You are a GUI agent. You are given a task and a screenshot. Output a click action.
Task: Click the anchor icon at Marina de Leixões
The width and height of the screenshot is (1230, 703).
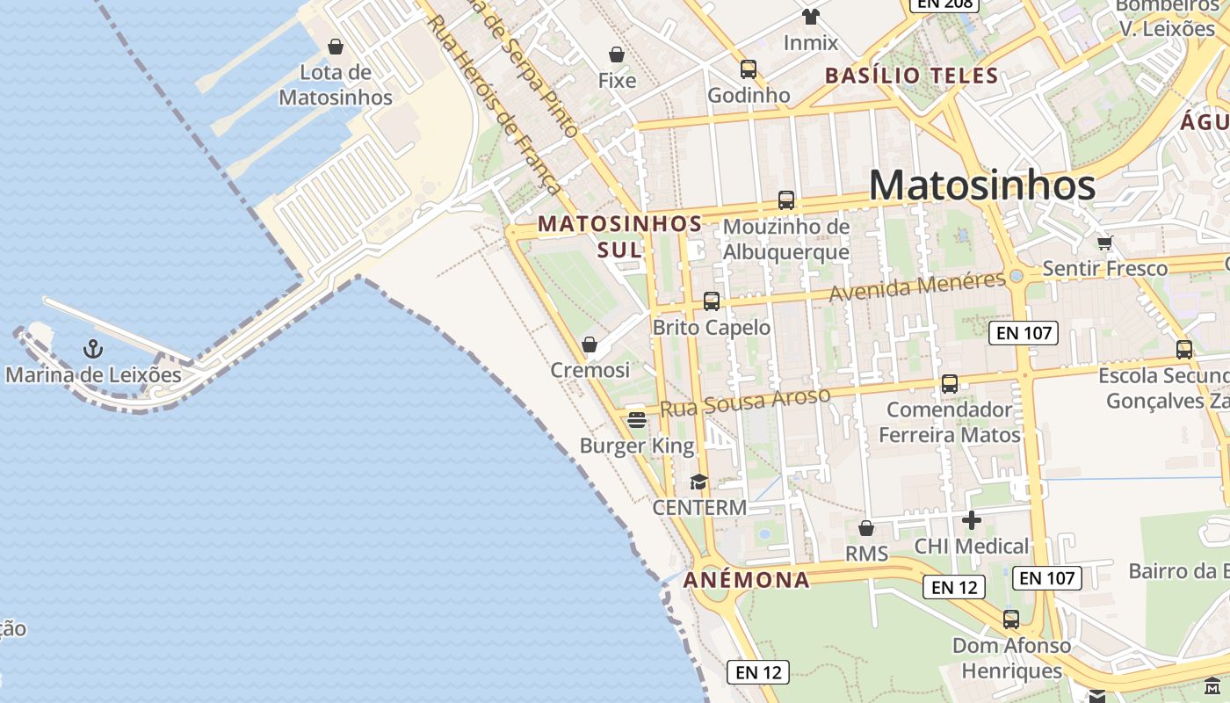(x=93, y=350)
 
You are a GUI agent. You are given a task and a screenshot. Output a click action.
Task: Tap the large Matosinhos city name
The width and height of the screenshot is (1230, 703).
(x=982, y=185)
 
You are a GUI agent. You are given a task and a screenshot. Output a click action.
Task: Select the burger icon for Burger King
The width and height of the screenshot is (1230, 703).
(x=637, y=420)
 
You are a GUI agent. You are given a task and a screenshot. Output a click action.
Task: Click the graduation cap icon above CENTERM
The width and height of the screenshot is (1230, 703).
(x=698, y=482)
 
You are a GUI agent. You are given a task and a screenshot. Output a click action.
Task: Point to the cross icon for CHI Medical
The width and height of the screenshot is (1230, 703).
(x=971, y=521)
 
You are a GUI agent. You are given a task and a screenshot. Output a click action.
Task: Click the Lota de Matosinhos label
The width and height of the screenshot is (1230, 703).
(x=336, y=84)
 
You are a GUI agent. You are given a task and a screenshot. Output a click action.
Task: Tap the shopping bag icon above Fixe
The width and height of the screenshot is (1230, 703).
(x=617, y=55)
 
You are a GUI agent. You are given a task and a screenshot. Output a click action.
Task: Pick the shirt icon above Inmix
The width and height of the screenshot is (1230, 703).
(x=810, y=17)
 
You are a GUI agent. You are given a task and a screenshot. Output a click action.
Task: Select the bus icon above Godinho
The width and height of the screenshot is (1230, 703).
(x=749, y=69)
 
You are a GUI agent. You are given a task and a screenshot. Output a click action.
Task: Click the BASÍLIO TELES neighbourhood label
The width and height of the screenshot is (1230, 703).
(x=912, y=76)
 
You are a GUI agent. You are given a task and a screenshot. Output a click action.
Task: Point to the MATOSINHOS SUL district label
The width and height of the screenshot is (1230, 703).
(x=620, y=236)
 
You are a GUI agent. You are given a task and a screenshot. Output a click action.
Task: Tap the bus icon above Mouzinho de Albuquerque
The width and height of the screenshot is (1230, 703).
(x=786, y=200)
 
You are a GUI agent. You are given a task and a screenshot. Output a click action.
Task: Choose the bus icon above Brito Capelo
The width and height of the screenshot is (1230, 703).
(x=712, y=301)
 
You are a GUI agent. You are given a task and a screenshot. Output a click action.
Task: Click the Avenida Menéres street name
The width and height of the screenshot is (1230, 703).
(x=917, y=286)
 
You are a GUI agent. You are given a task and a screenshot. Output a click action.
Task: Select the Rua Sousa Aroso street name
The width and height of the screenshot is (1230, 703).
(x=744, y=402)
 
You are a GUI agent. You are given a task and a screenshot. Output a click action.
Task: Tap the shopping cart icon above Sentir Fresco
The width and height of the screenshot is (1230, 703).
(x=1104, y=243)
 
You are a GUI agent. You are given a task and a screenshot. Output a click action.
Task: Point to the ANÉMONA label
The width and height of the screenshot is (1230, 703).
(x=747, y=580)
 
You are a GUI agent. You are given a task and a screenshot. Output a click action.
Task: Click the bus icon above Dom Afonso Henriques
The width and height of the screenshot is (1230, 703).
(x=1011, y=620)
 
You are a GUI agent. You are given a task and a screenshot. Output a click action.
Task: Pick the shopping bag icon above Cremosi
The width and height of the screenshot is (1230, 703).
(x=590, y=344)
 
